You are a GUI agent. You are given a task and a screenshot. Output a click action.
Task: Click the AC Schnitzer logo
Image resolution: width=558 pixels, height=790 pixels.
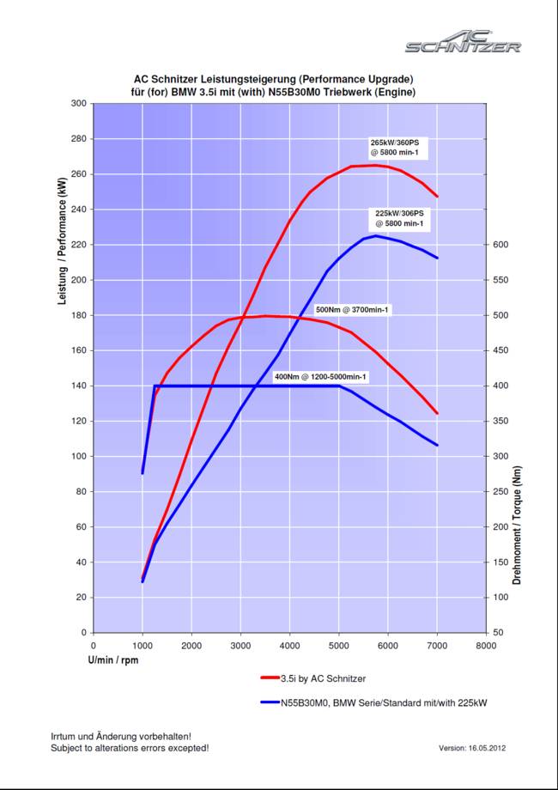tap(463, 40)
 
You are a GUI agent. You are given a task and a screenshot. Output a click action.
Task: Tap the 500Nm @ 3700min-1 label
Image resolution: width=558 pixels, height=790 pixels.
tap(354, 309)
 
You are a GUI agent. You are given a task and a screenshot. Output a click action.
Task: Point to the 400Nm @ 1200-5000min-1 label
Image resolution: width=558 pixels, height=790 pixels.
tap(320, 377)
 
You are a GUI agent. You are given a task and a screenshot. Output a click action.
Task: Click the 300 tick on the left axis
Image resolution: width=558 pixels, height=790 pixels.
tap(78, 103)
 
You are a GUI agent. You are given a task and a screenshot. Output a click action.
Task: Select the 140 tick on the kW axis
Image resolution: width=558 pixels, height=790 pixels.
tap(78, 386)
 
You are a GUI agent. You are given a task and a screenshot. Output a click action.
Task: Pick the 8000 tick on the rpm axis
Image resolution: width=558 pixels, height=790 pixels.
tap(486, 644)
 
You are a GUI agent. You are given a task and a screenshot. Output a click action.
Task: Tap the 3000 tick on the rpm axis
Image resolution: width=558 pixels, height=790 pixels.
tap(240, 644)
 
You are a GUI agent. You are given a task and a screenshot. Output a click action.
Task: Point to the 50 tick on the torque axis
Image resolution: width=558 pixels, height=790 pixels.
tap(499, 633)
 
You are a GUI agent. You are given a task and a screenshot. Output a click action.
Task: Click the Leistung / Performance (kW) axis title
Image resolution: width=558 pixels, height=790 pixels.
tap(62, 248)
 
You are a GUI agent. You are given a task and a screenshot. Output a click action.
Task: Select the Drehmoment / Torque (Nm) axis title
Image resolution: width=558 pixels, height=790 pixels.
tap(517, 526)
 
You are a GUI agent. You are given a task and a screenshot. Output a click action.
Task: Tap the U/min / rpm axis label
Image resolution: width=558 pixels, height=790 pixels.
tap(112, 660)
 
